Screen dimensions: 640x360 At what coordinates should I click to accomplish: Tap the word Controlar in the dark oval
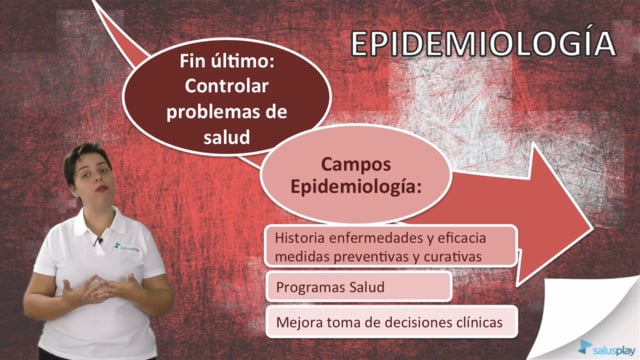(x=227, y=86)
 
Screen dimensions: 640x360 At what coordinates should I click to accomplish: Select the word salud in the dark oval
(x=227, y=137)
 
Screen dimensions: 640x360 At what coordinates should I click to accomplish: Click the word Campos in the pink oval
(x=356, y=164)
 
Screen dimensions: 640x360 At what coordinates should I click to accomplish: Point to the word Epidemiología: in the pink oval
(x=356, y=187)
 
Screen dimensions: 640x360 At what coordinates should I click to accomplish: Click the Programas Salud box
(x=359, y=287)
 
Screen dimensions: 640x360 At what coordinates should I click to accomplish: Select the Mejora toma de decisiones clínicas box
(x=391, y=322)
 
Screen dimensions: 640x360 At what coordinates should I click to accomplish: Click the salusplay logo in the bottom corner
(x=607, y=348)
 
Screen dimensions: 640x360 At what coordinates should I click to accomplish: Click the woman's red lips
(x=102, y=188)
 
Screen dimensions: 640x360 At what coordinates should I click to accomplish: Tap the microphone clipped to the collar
(x=98, y=241)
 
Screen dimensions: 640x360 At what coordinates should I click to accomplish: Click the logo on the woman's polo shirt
(x=127, y=247)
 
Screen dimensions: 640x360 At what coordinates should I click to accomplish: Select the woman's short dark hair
(x=86, y=159)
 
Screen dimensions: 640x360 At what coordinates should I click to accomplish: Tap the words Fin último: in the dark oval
(x=227, y=61)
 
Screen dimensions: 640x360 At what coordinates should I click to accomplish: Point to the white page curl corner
(x=588, y=318)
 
